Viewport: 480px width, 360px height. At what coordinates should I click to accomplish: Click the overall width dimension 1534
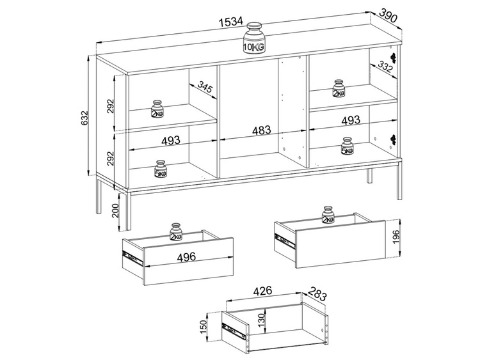pyautogui.click(x=231, y=21)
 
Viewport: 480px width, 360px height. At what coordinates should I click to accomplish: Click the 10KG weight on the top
pyautogui.click(x=254, y=38)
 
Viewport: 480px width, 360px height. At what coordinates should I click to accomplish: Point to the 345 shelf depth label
pyautogui.click(x=205, y=87)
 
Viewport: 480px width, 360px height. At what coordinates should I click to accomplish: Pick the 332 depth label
pyautogui.click(x=385, y=68)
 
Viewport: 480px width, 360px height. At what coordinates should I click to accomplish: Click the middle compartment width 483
pyautogui.click(x=261, y=130)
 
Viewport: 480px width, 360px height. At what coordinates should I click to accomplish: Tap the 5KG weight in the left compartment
pyautogui.click(x=161, y=169)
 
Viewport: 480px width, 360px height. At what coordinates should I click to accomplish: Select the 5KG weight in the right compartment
pyautogui.click(x=347, y=146)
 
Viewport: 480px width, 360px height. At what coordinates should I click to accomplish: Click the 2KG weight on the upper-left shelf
pyautogui.click(x=157, y=109)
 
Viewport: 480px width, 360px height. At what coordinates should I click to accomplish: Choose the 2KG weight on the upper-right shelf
pyautogui.click(x=339, y=89)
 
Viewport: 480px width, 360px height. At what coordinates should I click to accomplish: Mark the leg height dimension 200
pyautogui.click(x=115, y=210)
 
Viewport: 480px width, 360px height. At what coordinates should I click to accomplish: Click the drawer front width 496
pyautogui.click(x=186, y=256)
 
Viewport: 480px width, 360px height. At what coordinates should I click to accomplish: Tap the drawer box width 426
pyautogui.click(x=262, y=290)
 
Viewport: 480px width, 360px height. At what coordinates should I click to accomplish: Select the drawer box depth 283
pyautogui.click(x=317, y=293)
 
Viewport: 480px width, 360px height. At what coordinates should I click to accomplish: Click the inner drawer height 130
pyautogui.click(x=261, y=320)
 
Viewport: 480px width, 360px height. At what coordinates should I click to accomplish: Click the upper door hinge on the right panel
pyautogui.click(x=394, y=57)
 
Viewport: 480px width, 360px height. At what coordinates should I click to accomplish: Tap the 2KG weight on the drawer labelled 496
pyautogui.click(x=176, y=232)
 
